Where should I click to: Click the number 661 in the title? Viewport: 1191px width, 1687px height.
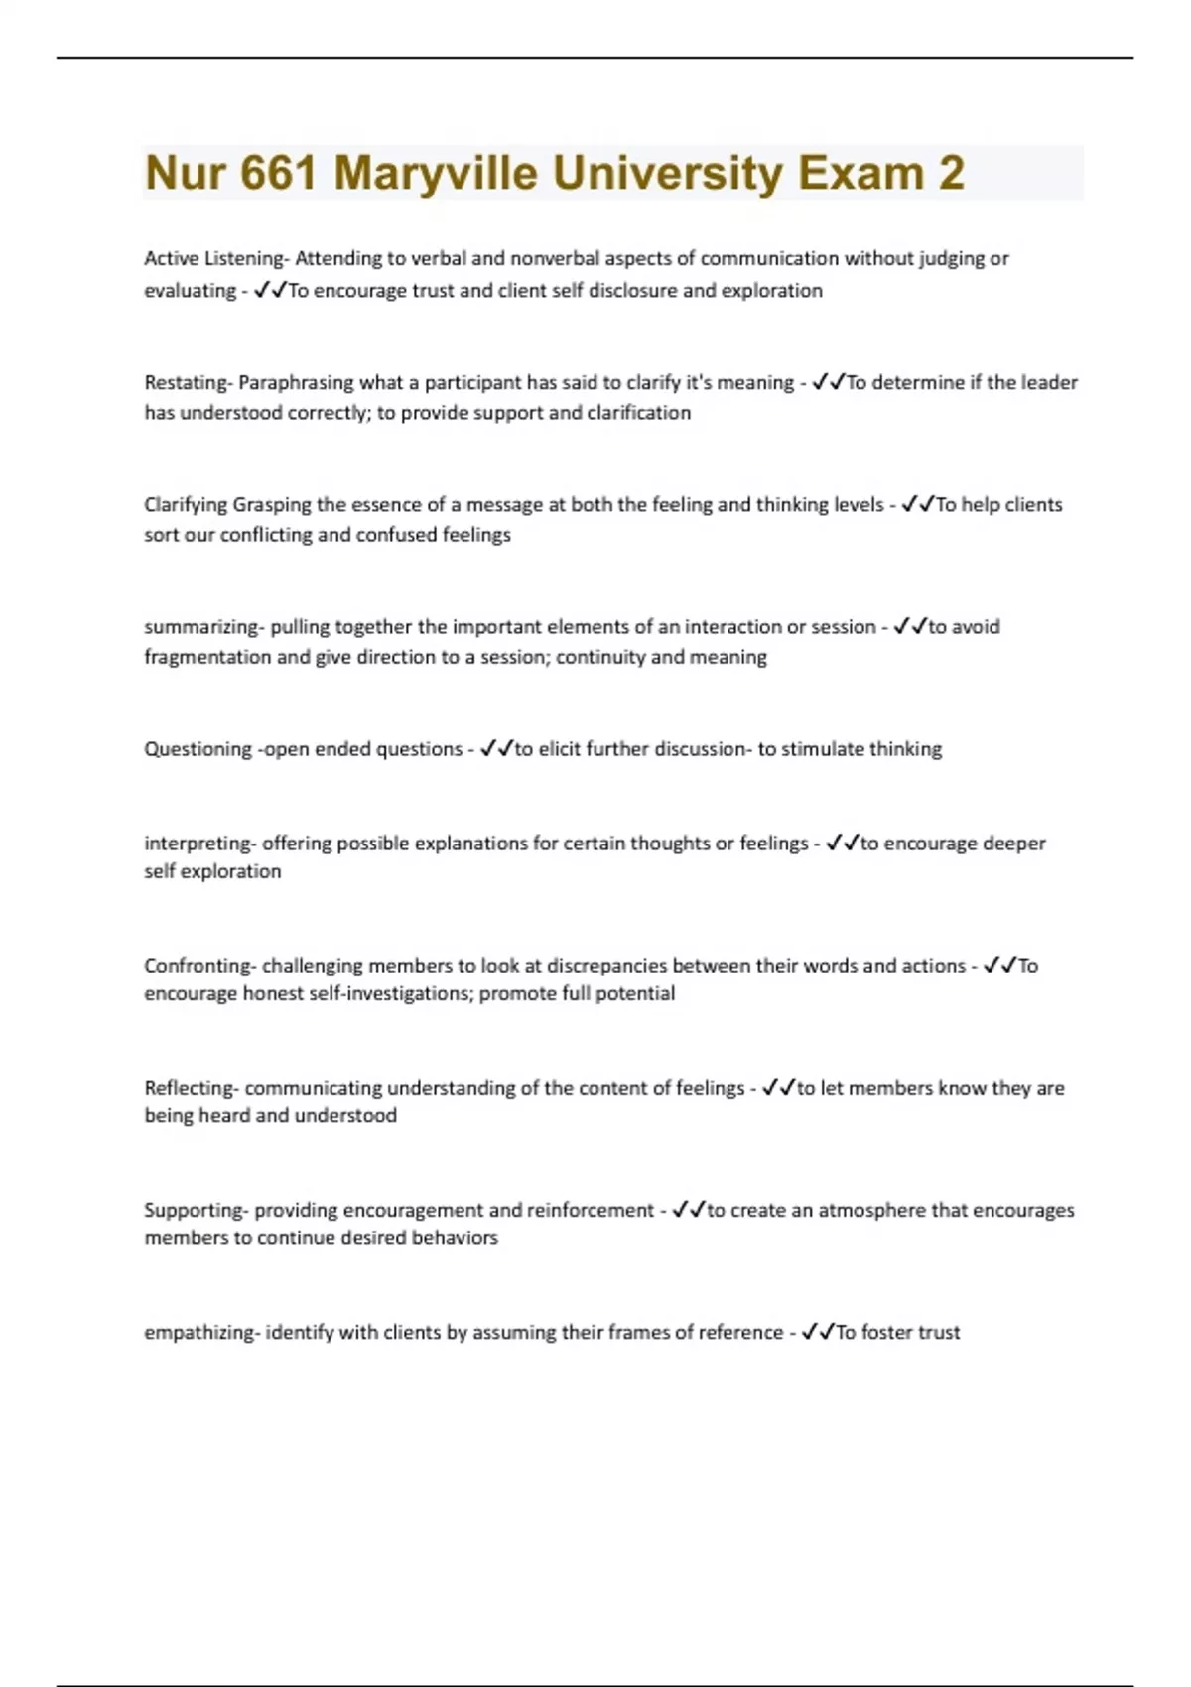(x=279, y=173)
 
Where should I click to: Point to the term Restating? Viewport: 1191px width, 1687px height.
(x=186, y=383)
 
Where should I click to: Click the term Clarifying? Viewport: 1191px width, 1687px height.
(x=186, y=505)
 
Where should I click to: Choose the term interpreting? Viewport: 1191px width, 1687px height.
(x=198, y=843)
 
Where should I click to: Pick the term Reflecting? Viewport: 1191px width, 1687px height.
(x=190, y=1088)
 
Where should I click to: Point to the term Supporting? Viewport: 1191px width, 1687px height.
(x=194, y=1210)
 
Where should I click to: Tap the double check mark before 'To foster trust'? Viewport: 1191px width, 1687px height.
(x=818, y=1332)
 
